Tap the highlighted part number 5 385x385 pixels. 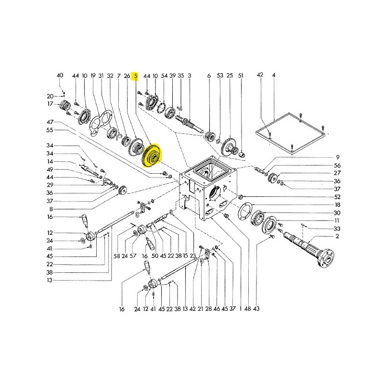tap(136, 76)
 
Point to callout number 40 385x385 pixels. tap(60, 76)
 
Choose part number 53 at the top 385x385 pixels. tap(220, 76)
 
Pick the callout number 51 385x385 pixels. tap(241, 76)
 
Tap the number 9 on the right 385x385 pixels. tap(337, 157)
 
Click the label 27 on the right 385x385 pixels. tap(337, 173)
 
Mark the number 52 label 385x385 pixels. tap(337, 197)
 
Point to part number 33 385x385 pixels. tap(337, 229)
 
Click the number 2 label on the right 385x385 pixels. tap(337, 237)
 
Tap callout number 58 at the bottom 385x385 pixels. tap(116, 256)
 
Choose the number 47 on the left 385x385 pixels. tap(50, 122)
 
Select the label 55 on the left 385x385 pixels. tap(50, 130)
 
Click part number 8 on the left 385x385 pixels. tap(50, 209)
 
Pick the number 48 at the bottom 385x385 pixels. tap(247, 308)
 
